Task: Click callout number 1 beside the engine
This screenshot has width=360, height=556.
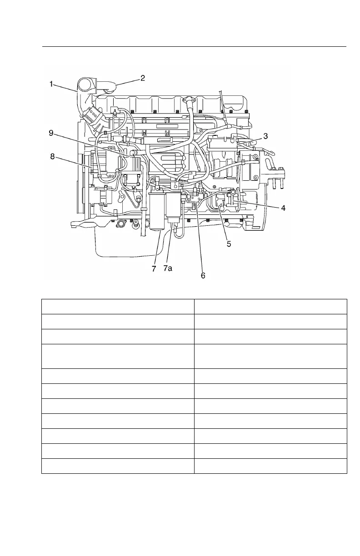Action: pyautogui.click(x=52, y=84)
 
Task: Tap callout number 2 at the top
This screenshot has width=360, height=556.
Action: pyautogui.click(x=142, y=78)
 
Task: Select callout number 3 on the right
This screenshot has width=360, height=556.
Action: pyautogui.click(x=265, y=136)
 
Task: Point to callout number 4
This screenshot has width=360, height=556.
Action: pyautogui.click(x=283, y=208)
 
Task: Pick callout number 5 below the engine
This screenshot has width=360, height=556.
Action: pyautogui.click(x=229, y=244)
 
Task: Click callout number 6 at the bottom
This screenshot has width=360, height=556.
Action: pyautogui.click(x=203, y=275)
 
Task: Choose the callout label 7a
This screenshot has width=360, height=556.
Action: pyautogui.click(x=168, y=268)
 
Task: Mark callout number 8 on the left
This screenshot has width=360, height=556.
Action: pyautogui.click(x=52, y=157)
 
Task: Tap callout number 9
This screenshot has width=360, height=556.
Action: pyautogui.click(x=52, y=133)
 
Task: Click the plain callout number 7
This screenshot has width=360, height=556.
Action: pyautogui.click(x=154, y=268)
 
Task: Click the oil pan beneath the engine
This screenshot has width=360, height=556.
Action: pyautogui.click(x=136, y=248)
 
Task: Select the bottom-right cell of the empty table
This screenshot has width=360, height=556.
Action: pyautogui.click(x=270, y=466)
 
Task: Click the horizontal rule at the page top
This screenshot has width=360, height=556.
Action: pyautogui.click(x=194, y=46)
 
